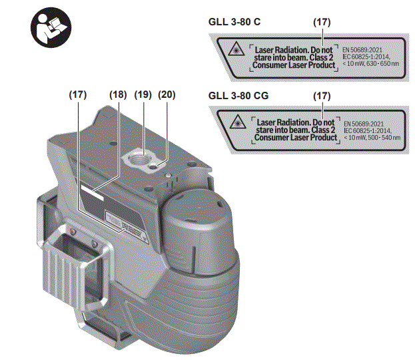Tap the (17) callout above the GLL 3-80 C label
point(322,22)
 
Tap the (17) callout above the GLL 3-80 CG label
point(322,96)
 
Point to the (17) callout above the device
point(78,94)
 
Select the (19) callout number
point(143,94)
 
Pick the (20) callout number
point(167,94)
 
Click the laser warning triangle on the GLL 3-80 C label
point(234,53)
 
